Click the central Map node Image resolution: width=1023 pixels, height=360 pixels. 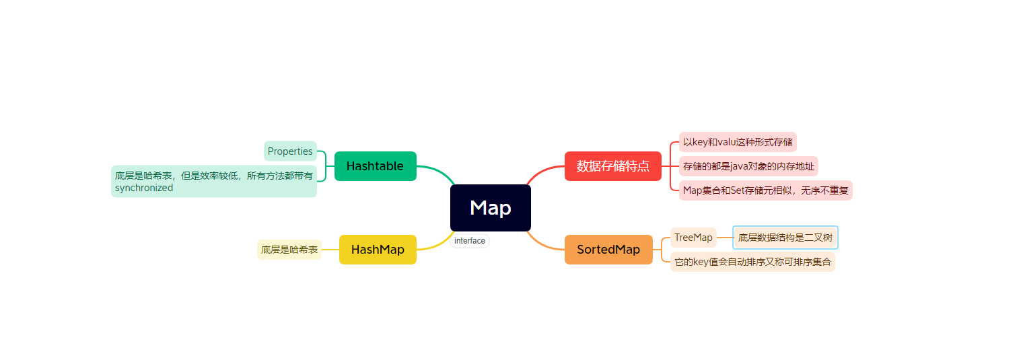(x=490, y=208)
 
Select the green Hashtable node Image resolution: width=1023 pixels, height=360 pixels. (x=375, y=166)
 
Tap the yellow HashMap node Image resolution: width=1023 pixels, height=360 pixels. (x=378, y=250)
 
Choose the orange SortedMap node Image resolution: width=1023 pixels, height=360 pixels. (x=608, y=250)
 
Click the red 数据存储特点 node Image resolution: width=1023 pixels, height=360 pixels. (x=612, y=166)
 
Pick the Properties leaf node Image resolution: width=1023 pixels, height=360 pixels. (x=290, y=151)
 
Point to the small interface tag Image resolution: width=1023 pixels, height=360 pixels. (x=470, y=241)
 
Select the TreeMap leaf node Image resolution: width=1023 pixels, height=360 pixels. (x=693, y=238)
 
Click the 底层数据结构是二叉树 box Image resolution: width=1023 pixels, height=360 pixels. (x=785, y=238)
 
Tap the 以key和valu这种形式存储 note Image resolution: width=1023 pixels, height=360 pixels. (x=738, y=142)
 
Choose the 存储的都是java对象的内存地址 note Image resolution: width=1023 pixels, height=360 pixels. (x=748, y=166)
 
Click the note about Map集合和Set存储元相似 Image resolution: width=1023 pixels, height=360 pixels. (x=766, y=190)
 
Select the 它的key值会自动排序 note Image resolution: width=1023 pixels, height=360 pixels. (x=752, y=262)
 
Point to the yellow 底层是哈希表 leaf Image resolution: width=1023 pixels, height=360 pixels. (x=289, y=250)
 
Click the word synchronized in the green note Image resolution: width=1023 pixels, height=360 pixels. (x=144, y=188)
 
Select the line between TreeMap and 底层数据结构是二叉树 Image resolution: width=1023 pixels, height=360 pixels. (x=725, y=238)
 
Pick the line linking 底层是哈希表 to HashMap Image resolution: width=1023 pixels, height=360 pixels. (x=330, y=250)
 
